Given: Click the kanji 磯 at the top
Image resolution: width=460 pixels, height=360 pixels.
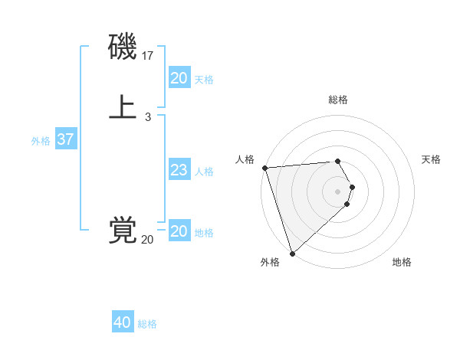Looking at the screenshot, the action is pyautogui.click(x=123, y=48).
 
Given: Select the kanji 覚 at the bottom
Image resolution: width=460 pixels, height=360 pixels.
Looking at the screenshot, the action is pyautogui.click(x=123, y=230).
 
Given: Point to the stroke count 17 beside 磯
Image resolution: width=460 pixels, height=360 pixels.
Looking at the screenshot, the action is pyautogui.click(x=148, y=56).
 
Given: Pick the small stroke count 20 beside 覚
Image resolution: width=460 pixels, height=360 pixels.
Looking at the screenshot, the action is pyautogui.click(x=147, y=240).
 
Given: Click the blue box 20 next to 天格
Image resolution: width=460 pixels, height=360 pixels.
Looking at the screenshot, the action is pyautogui.click(x=179, y=78).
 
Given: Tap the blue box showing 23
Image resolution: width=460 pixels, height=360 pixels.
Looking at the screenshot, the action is pyautogui.click(x=179, y=170).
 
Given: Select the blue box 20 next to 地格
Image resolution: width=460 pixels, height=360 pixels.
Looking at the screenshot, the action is pyautogui.click(x=179, y=231).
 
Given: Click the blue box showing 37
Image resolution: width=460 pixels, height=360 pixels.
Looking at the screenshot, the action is pyautogui.click(x=65, y=139).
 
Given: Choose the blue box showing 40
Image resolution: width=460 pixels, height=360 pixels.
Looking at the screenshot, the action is pyautogui.click(x=123, y=322).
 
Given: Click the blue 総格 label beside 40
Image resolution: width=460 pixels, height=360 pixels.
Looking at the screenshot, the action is pyautogui.click(x=147, y=324).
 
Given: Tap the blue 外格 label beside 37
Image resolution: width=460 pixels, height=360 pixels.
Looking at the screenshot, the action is pyautogui.click(x=41, y=141).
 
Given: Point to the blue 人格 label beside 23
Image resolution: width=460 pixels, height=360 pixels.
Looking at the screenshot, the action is pyautogui.click(x=205, y=172).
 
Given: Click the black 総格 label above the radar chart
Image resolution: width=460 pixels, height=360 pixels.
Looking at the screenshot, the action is pyautogui.click(x=338, y=100).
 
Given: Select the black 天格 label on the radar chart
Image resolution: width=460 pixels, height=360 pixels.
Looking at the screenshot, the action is pyautogui.click(x=432, y=159).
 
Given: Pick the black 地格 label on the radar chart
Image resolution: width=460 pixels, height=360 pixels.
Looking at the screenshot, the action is pyautogui.click(x=402, y=262).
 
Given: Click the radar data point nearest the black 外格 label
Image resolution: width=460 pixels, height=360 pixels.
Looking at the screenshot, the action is pyautogui.click(x=292, y=253).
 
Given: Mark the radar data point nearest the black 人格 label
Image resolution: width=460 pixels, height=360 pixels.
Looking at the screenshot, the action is pyautogui.click(x=264, y=168).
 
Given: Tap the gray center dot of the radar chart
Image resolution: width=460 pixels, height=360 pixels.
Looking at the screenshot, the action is pyautogui.click(x=338, y=191).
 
